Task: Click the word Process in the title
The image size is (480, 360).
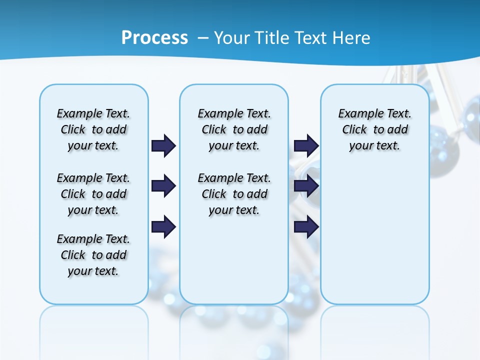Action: point(154,38)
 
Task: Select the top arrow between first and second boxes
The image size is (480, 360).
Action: point(163,146)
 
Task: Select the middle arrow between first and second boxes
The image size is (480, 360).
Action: point(163,186)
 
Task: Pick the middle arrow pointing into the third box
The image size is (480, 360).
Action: point(306,186)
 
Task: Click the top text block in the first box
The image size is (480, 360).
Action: point(93,129)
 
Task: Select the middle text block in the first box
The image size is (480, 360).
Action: point(93,194)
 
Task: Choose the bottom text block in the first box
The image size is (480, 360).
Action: point(93,255)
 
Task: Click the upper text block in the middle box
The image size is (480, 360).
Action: point(234,129)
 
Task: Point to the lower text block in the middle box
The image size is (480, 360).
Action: point(234,194)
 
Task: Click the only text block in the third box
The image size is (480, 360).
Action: point(374,129)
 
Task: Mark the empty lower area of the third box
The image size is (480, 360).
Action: point(374,235)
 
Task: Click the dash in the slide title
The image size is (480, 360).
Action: point(203,38)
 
